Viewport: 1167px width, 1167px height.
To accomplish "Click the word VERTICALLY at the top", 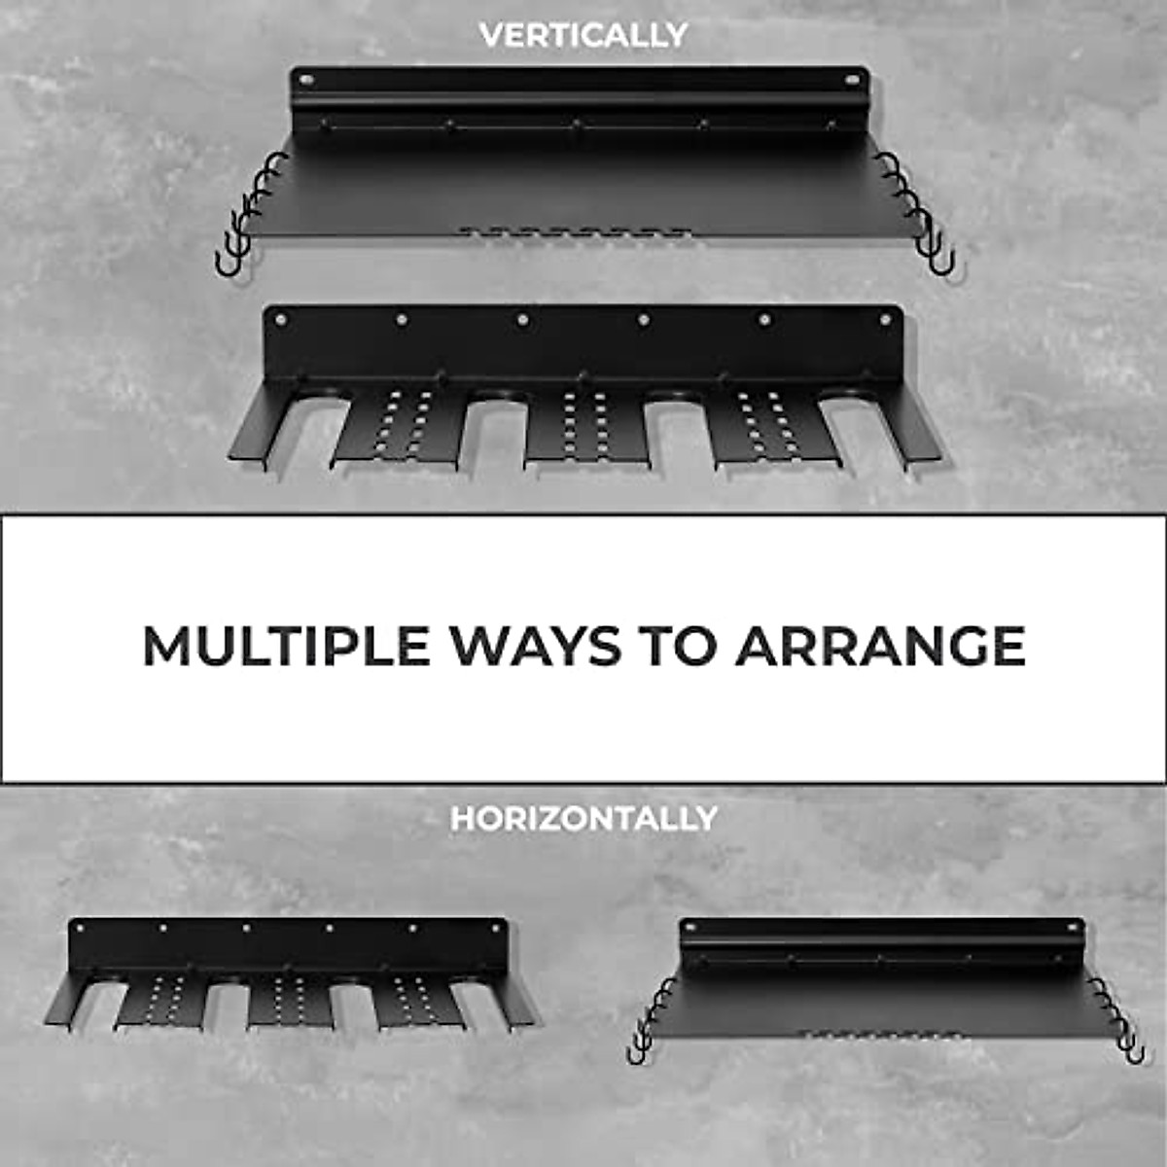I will tap(583, 35).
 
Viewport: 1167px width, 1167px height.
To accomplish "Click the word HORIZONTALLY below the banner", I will tap(583, 819).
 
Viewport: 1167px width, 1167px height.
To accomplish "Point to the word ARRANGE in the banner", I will tap(880, 646).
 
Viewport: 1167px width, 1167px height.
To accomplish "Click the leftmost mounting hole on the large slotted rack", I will tap(281, 319).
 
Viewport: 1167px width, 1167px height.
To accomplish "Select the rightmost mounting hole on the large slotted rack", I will tap(885, 319).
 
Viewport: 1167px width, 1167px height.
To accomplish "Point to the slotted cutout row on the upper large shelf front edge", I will tap(574, 233).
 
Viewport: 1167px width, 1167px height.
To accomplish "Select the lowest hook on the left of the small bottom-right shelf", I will tap(637, 1050).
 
